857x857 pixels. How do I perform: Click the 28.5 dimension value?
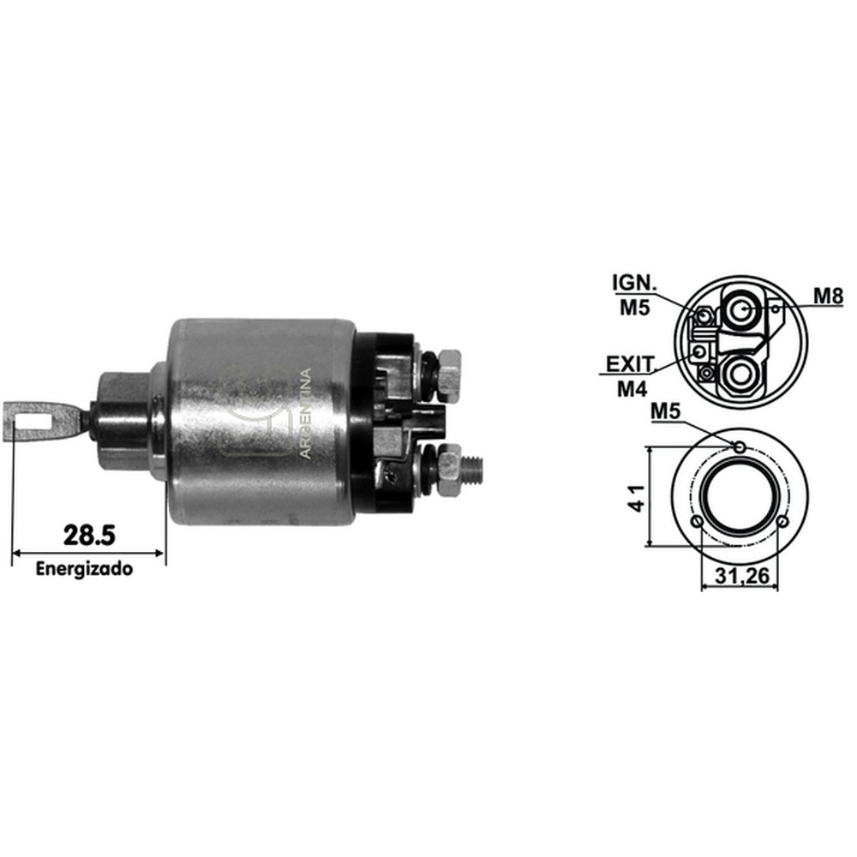(89, 535)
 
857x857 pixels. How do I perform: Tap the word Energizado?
(84, 569)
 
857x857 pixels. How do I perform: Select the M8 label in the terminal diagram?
(828, 296)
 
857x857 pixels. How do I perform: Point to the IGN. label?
(634, 283)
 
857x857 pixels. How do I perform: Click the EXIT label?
(630, 364)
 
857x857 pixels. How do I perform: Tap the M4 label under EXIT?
(632, 389)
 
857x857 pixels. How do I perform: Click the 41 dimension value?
(638, 497)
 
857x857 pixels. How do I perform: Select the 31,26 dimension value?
(741, 575)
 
